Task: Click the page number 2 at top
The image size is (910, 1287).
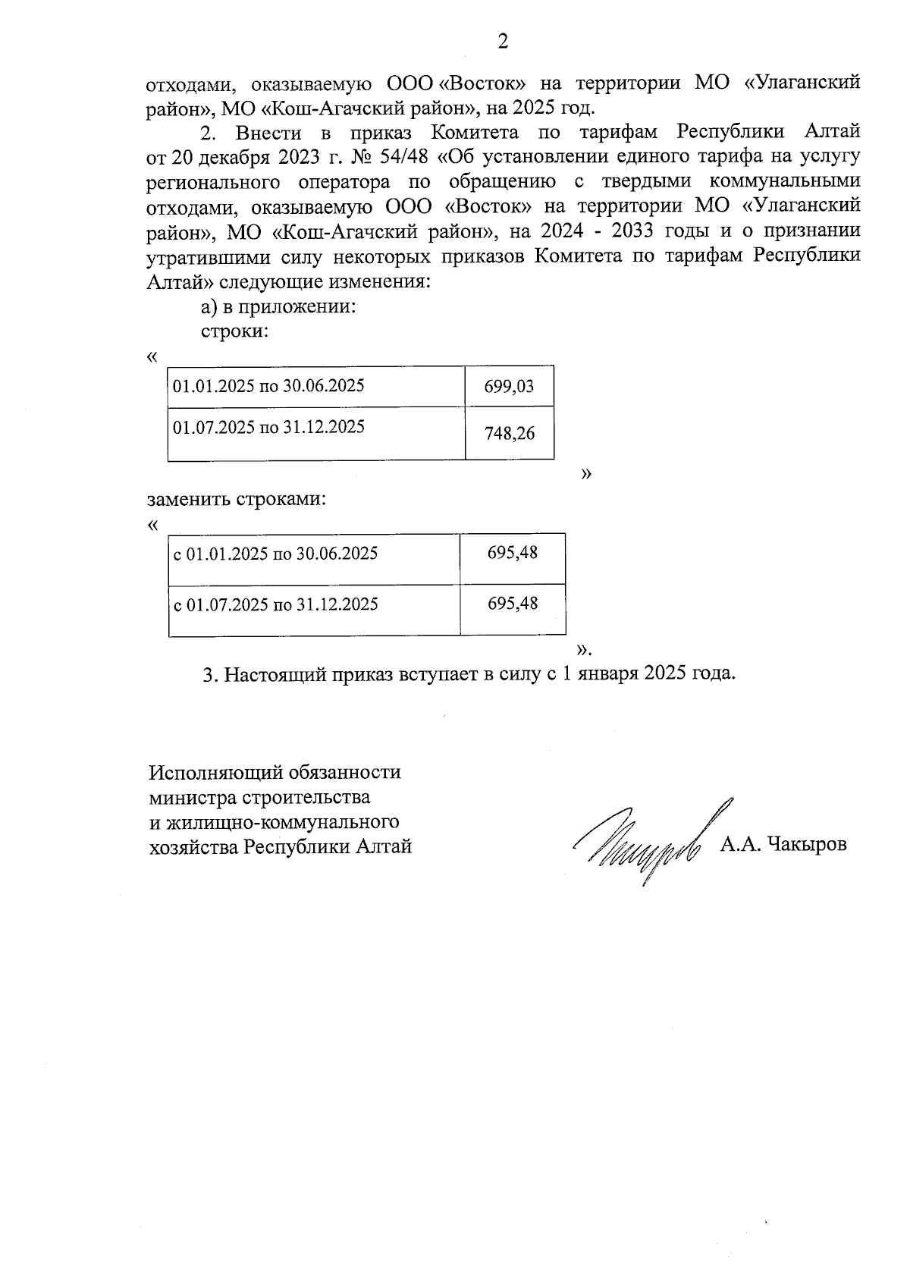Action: pyautogui.click(x=502, y=42)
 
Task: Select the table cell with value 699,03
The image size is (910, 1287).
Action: pyautogui.click(x=509, y=387)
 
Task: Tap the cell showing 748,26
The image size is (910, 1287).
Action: pyautogui.click(x=509, y=433)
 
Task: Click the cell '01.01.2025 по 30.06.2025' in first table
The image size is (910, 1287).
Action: pyautogui.click(x=268, y=386)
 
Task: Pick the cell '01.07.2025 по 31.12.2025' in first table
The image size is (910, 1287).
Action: pyautogui.click(x=268, y=427)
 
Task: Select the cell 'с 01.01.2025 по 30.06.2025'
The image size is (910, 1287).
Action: pyautogui.click(x=276, y=554)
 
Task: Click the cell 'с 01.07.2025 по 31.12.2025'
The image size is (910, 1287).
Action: pyautogui.click(x=276, y=604)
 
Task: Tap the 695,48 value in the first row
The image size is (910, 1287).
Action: pyautogui.click(x=513, y=553)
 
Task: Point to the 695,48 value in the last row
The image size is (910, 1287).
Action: pyautogui.click(x=513, y=603)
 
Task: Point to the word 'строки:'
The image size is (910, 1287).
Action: pyautogui.click(x=234, y=332)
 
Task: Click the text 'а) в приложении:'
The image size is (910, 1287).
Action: pyautogui.click(x=278, y=307)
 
